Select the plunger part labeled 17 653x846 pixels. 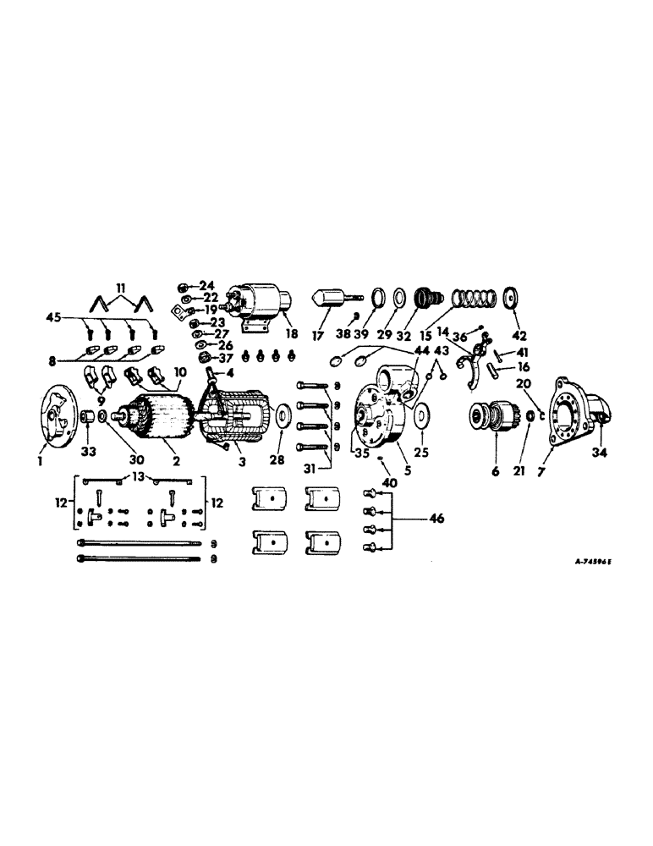pyautogui.click(x=337, y=298)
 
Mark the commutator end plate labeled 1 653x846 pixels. pyautogui.click(x=58, y=416)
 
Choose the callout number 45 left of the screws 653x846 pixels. pyautogui.click(x=53, y=320)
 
